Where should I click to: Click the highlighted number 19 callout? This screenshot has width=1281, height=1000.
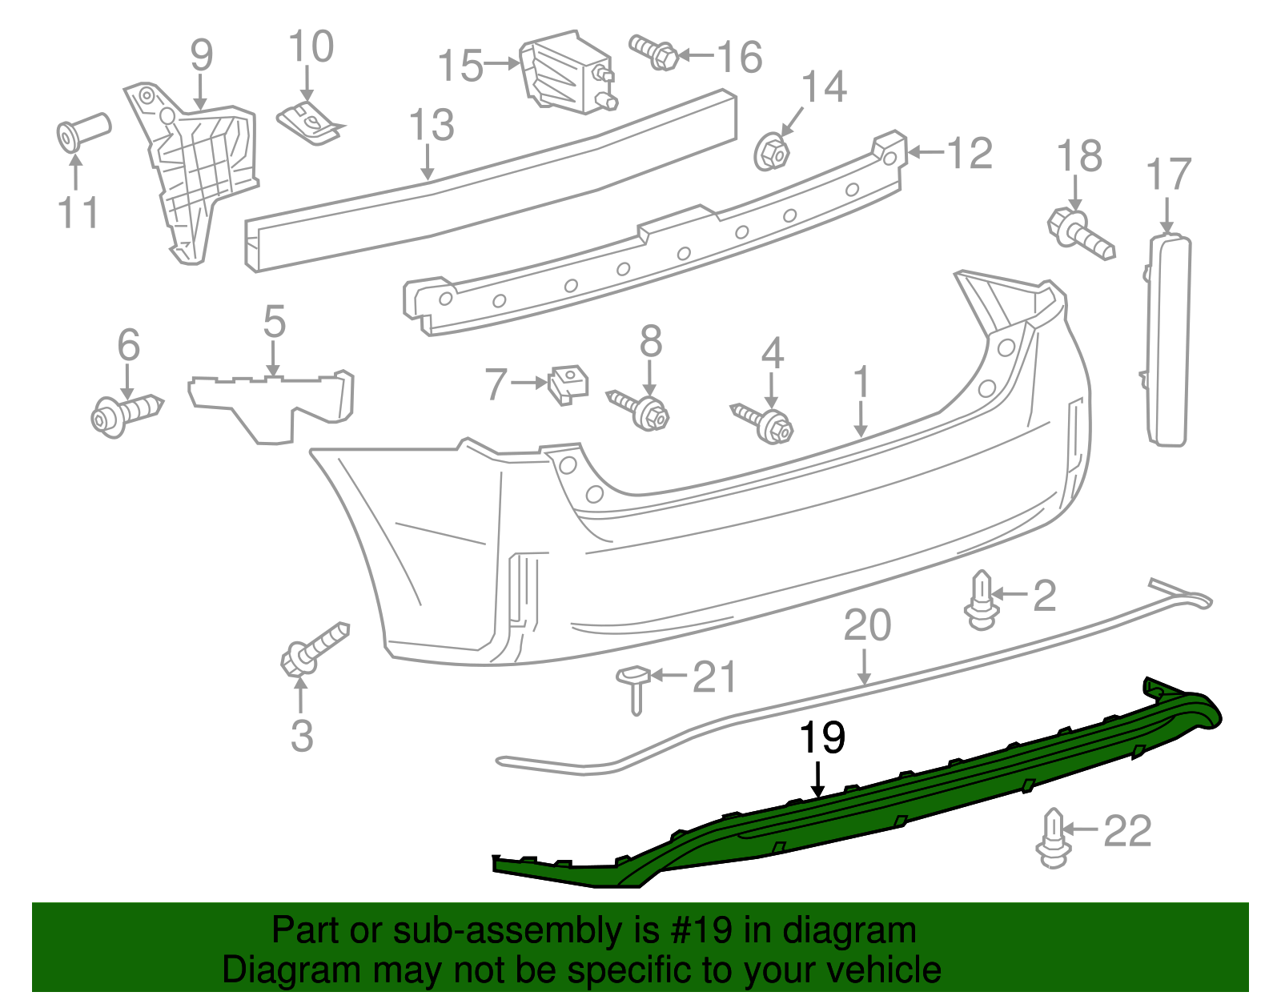(822, 737)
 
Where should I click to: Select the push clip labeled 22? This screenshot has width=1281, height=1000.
(1053, 839)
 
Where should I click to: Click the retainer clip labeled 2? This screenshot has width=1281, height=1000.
(981, 600)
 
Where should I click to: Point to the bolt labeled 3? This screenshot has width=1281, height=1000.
(314, 649)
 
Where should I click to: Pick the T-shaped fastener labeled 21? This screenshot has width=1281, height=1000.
(632, 685)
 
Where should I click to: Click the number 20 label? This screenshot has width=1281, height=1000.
(866, 626)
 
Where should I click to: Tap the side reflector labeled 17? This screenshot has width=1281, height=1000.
(1169, 340)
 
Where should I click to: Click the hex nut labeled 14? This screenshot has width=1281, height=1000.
(772, 151)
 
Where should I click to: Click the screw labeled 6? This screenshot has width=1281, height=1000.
(126, 412)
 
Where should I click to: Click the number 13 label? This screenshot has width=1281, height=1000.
(432, 127)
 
